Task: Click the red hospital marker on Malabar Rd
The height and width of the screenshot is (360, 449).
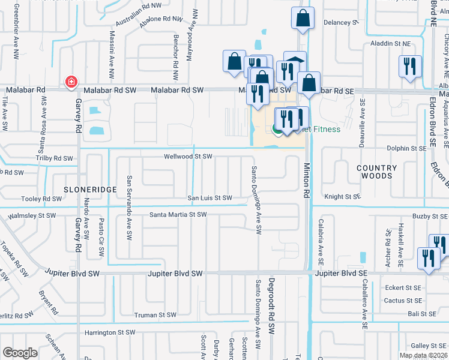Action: point(71,82)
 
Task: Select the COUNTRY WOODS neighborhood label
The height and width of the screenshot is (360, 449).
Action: point(376,172)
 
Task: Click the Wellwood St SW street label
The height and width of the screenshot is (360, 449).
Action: point(189,157)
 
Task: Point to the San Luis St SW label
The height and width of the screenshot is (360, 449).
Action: point(209,198)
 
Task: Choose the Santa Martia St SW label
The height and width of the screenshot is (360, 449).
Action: point(178,214)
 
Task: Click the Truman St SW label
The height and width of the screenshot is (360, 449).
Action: point(155,314)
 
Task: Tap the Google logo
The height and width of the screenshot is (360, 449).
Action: point(19,352)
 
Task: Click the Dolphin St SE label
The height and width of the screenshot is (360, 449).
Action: point(388,148)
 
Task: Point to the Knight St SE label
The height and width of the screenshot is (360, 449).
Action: point(342,196)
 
